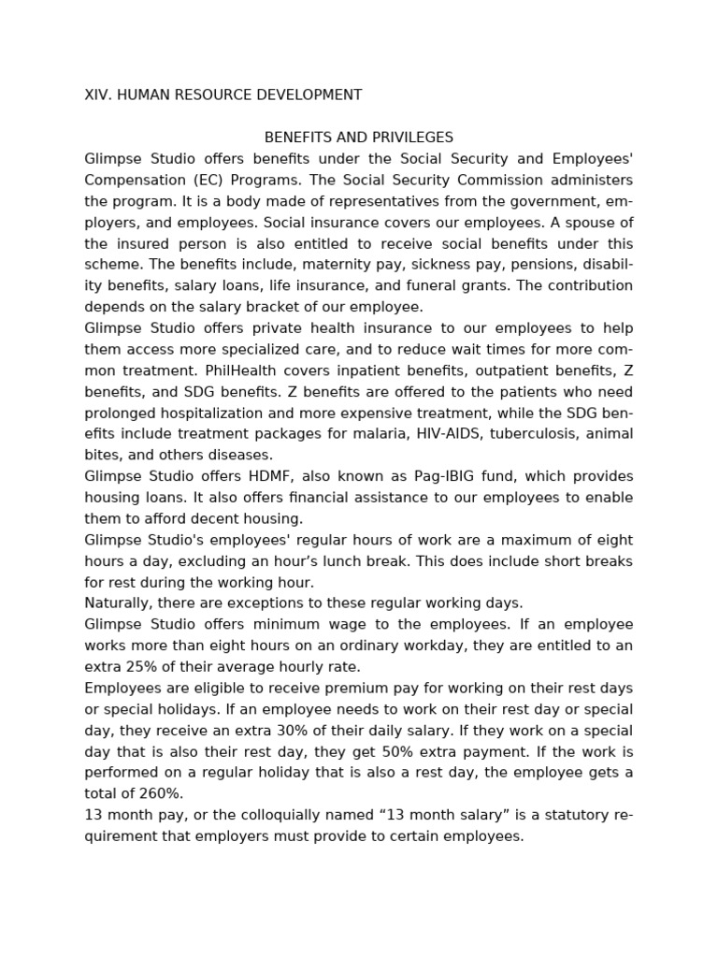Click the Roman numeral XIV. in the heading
tap(97, 94)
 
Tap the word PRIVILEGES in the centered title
tap(414, 138)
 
